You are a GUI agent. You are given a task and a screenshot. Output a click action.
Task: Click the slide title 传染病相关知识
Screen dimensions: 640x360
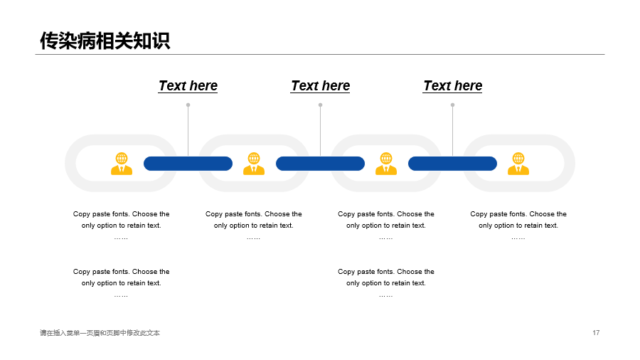pyautogui.click(x=105, y=41)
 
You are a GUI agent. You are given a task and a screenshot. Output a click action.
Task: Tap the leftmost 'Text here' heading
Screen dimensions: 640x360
pyautogui.click(x=188, y=85)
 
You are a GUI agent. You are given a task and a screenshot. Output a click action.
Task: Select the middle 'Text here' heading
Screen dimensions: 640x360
pyautogui.click(x=321, y=85)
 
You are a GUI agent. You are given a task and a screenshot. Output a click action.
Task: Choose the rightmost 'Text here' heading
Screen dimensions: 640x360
pyautogui.click(x=453, y=85)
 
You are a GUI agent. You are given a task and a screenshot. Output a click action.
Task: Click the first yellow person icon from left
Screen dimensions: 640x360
pyautogui.click(x=122, y=164)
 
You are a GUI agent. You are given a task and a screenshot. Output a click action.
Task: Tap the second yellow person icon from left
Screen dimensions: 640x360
pyautogui.click(x=254, y=164)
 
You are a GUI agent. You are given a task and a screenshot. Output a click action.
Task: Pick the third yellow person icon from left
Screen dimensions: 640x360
pyautogui.click(x=386, y=164)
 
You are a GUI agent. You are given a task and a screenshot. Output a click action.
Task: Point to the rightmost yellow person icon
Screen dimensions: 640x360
pyautogui.click(x=518, y=164)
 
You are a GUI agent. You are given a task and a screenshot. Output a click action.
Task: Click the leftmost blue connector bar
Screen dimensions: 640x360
pyautogui.click(x=188, y=164)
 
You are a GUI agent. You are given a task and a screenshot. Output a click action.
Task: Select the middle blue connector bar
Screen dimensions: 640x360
pyautogui.click(x=321, y=164)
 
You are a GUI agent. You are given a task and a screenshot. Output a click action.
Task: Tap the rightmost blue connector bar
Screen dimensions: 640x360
pyautogui.click(x=453, y=164)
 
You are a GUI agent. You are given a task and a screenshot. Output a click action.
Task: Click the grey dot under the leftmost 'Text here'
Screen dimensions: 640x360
pyautogui.click(x=188, y=105)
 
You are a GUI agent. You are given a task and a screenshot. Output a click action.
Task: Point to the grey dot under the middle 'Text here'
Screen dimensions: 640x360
pyautogui.click(x=321, y=105)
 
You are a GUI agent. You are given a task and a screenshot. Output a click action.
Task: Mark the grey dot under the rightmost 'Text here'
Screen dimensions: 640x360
pyautogui.click(x=453, y=105)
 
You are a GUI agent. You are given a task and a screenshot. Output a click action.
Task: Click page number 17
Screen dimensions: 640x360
pyautogui.click(x=596, y=333)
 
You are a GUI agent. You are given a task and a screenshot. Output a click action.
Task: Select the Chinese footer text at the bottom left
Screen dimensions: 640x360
pyautogui.click(x=100, y=333)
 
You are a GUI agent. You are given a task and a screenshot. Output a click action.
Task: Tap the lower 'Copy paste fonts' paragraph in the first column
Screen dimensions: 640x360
pyautogui.click(x=121, y=283)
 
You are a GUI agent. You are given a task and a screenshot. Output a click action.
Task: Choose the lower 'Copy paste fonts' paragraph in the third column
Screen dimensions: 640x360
pyautogui.click(x=386, y=283)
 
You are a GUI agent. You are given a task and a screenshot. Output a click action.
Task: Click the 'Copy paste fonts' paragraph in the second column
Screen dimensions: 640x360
pyautogui.click(x=254, y=226)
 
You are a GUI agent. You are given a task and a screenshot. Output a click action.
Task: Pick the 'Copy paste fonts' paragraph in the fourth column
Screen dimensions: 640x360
pyautogui.click(x=518, y=226)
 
